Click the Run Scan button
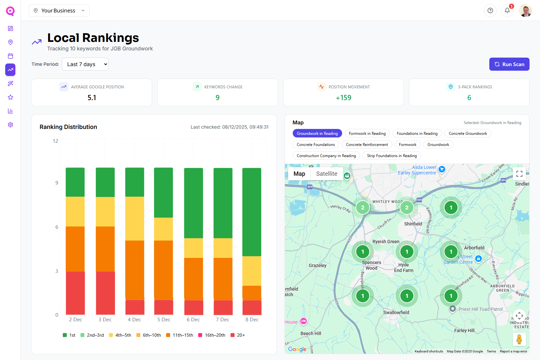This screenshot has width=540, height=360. tap(509, 64)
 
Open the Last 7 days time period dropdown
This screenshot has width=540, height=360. tap(85, 64)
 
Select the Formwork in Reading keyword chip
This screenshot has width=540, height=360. tap(367, 134)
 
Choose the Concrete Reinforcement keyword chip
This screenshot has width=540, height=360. tap(367, 145)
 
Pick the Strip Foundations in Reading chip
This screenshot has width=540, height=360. tap(392, 156)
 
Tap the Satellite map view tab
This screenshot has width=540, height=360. tap(326, 174)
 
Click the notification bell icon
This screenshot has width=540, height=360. tap(507, 10)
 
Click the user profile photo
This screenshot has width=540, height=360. tap(525, 10)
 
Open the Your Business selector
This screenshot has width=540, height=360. tap(59, 10)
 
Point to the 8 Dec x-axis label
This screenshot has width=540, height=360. tap(252, 320)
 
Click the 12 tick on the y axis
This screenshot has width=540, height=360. tap(56, 141)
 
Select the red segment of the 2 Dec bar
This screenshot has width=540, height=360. tap(75, 293)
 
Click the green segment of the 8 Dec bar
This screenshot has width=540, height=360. tap(252, 212)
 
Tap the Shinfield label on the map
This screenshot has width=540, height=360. tap(413, 224)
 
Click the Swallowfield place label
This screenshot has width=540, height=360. tap(396, 313)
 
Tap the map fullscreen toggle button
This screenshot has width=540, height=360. tap(519, 174)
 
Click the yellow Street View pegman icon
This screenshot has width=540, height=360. tap(519, 339)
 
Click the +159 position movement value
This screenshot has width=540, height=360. tap(343, 98)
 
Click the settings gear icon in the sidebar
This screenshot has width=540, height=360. tap(10, 125)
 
